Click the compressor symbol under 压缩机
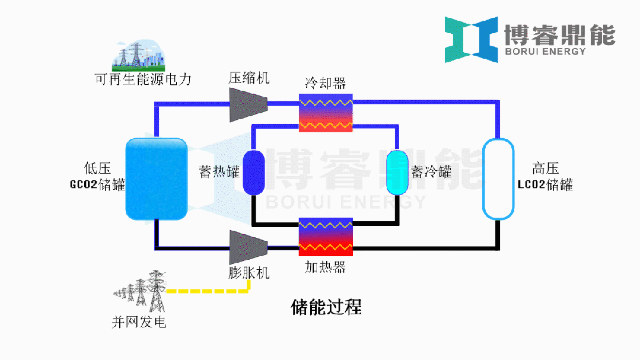coord(248,104)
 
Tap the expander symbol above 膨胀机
coord(248,246)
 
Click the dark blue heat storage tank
coord(255,172)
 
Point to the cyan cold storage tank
coord(397,172)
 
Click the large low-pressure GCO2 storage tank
coord(157,178)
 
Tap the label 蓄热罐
coord(219,173)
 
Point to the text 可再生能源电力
coord(143,79)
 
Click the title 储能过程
coord(326,307)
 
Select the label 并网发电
coord(139,323)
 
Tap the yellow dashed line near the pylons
coord(208,291)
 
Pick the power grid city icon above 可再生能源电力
coord(138,55)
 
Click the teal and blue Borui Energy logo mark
coord(472,39)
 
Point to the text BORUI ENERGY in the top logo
coord(545,52)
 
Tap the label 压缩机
coord(249,78)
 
